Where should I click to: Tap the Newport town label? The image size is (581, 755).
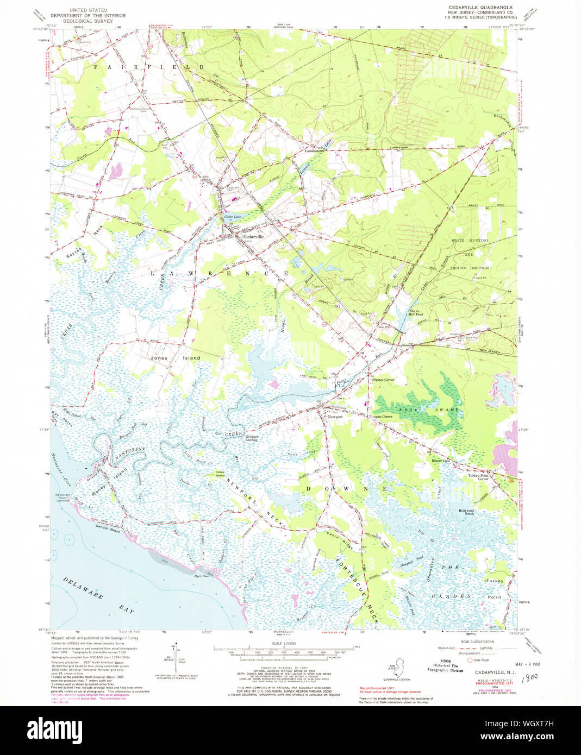point(335,417)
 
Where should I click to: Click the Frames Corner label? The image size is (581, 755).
point(383,380)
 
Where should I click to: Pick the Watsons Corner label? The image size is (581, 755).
point(379,416)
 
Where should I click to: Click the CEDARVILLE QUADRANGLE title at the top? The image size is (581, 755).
point(482,7)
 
